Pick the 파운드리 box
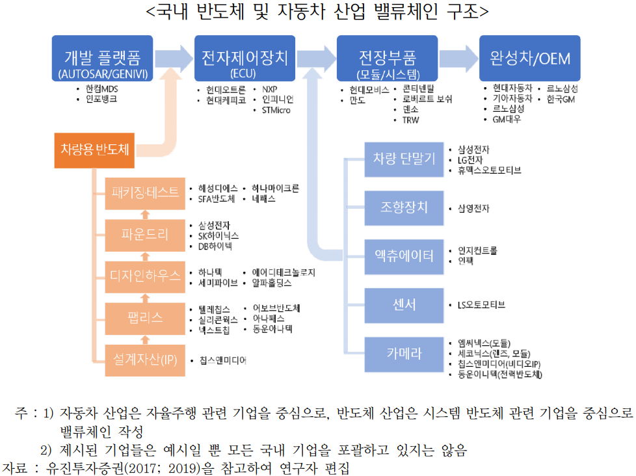(144, 234)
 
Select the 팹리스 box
(144, 317)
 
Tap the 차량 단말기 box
(404, 158)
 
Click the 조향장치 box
(404, 207)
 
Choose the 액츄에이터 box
(404, 256)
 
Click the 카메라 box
(404, 354)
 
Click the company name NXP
(269, 87)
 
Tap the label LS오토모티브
(482, 304)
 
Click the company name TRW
(411, 120)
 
